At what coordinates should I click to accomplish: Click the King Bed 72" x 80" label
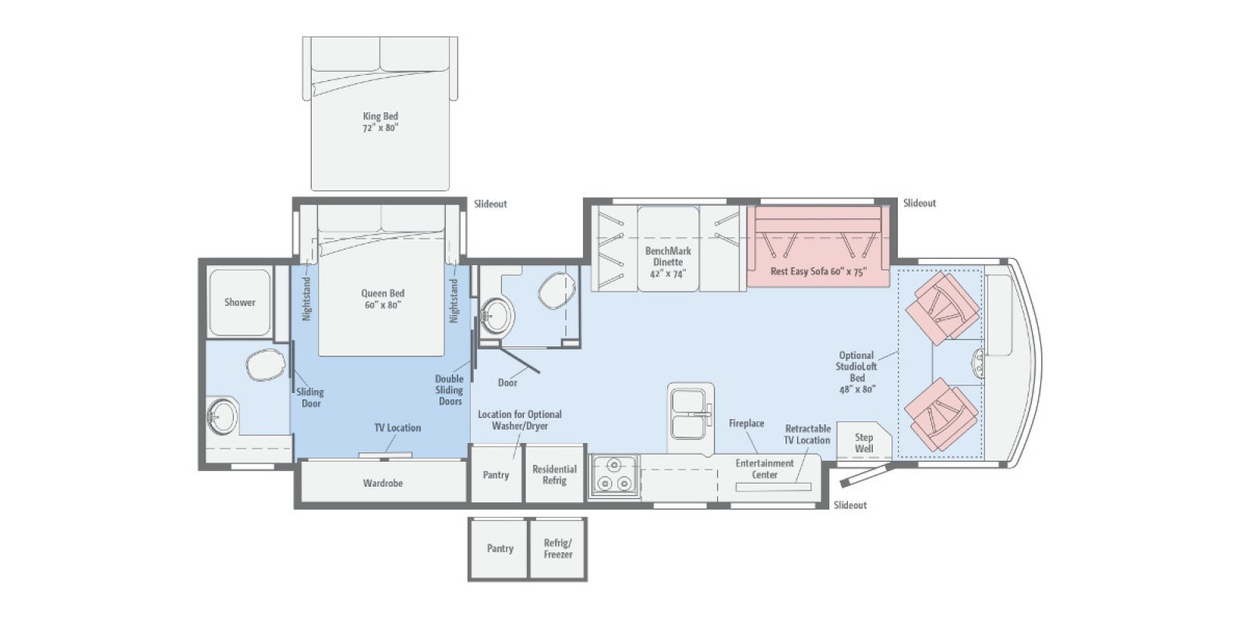click(381, 122)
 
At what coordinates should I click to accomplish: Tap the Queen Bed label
click(383, 299)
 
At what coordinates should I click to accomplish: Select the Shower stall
click(240, 303)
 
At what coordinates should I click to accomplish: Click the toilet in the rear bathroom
click(265, 366)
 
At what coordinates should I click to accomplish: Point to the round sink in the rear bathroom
click(221, 415)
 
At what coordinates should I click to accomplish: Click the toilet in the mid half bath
click(557, 290)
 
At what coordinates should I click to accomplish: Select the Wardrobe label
click(383, 483)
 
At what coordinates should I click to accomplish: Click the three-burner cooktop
click(614, 475)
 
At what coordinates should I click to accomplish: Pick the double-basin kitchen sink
click(691, 414)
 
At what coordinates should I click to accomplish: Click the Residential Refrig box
click(554, 474)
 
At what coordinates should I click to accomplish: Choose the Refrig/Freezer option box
click(558, 549)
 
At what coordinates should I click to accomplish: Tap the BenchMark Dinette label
click(668, 262)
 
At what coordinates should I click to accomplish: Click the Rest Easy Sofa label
click(818, 271)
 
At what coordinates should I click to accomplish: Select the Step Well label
click(864, 443)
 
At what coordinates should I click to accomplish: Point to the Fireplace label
click(747, 424)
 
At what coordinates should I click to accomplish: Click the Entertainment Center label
click(765, 469)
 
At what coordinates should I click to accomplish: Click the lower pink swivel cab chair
click(942, 414)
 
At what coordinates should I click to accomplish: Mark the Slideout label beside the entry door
click(850, 505)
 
